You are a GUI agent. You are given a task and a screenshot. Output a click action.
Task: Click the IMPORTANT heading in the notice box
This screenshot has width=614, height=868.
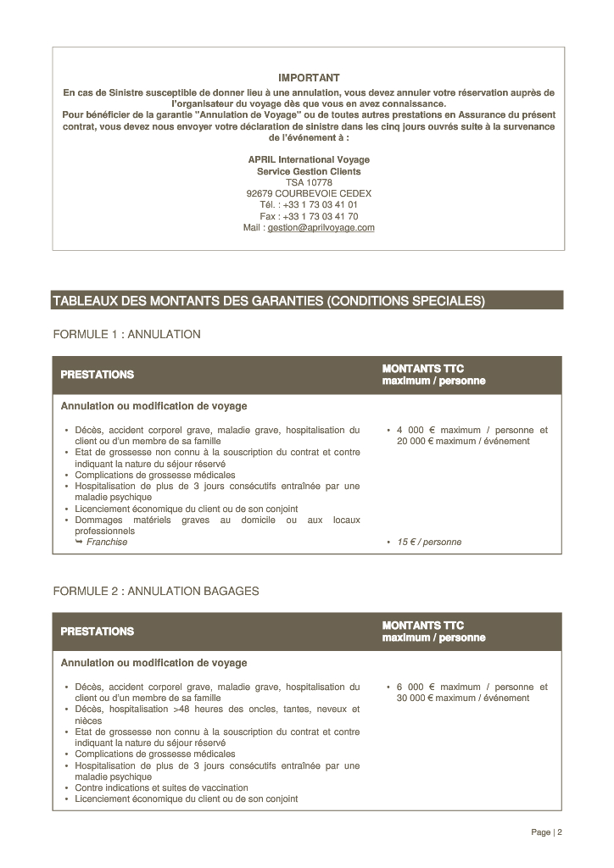pos(309,78)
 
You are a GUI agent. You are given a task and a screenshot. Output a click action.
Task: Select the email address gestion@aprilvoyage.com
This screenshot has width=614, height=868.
pos(321,228)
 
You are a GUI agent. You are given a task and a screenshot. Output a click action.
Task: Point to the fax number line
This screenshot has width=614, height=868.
pos(309,216)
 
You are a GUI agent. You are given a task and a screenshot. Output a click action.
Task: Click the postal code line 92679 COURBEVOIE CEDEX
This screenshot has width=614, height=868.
pos(309,193)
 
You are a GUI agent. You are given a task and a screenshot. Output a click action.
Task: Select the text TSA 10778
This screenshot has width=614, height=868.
pos(309,182)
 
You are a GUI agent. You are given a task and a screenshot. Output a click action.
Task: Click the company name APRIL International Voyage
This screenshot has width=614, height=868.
pos(309,159)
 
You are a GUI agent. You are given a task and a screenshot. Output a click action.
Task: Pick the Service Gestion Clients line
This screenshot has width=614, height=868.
pos(309,171)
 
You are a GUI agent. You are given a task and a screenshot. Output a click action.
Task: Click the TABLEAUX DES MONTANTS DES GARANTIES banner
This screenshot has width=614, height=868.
pos(269,300)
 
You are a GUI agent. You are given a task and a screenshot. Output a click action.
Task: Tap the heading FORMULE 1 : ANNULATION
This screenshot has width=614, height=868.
pos(126,335)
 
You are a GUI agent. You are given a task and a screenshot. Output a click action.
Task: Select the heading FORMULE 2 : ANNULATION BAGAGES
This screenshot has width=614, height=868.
pos(156,591)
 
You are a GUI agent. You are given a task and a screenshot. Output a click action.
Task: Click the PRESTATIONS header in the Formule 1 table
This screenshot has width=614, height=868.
pos(97,375)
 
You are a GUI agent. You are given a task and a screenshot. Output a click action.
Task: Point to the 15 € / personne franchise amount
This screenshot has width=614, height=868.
pos(429,542)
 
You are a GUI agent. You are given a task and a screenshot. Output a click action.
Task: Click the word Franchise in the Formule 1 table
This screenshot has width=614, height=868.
pos(107,542)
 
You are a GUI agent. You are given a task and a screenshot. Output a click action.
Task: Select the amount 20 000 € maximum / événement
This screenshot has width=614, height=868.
pos(463,442)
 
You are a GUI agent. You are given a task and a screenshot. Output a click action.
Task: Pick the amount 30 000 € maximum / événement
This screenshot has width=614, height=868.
pos(463,698)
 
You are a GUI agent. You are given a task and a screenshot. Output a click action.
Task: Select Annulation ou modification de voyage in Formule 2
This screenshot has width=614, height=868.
pos(153,663)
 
